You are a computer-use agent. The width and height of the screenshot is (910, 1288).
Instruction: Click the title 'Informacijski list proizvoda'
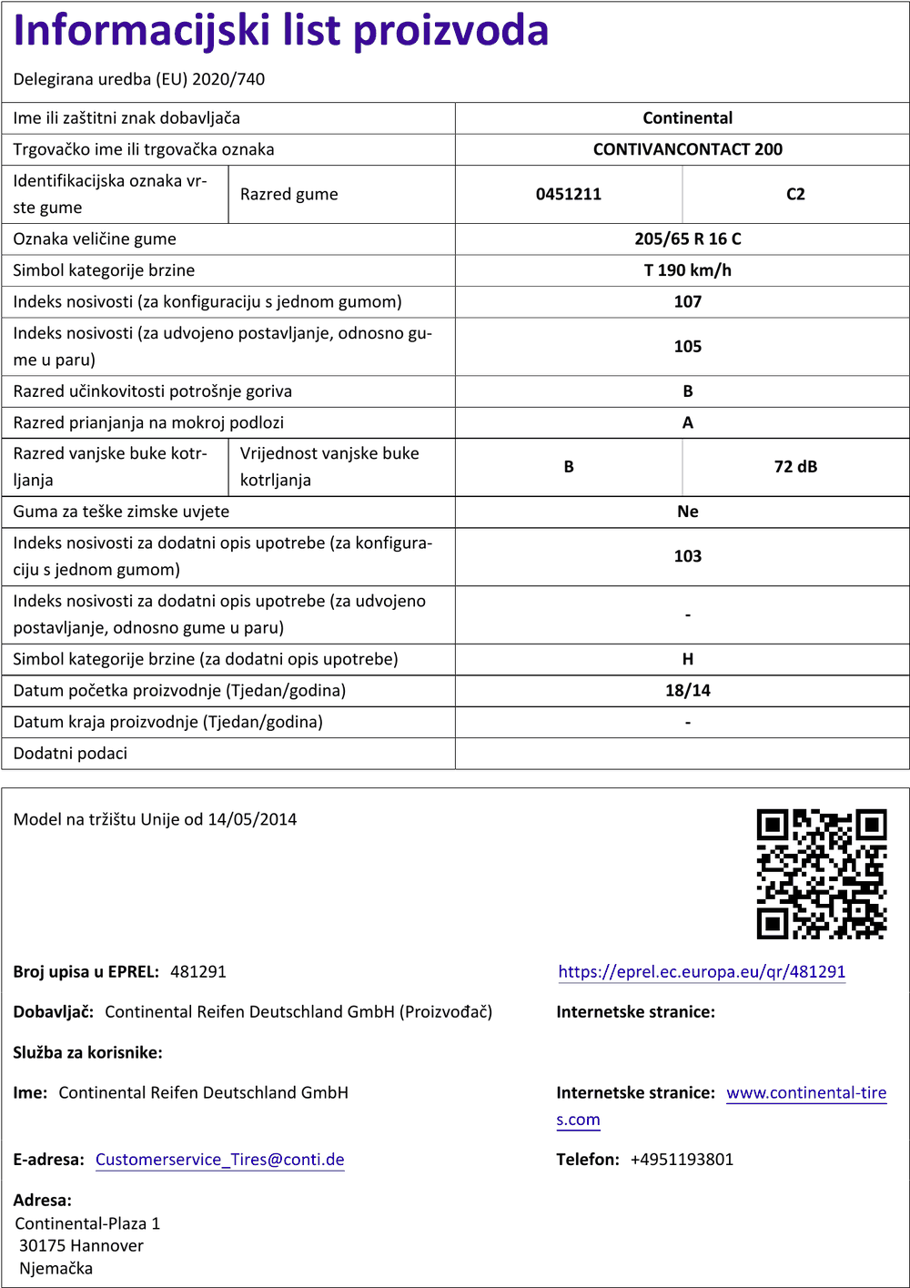(x=281, y=31)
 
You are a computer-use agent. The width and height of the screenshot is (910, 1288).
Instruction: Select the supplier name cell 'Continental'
(x=687, y=118)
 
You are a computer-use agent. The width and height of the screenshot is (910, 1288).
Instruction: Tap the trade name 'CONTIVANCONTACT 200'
(x=687, y=149)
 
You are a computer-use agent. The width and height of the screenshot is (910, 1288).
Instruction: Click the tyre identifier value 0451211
(x=568, y=194)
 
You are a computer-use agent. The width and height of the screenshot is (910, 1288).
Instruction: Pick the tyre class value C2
(x=795, y=194)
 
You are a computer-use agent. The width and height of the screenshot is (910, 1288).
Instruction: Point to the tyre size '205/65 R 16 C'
(x=687, y=239)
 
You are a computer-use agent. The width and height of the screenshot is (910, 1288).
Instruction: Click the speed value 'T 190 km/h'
(x=687, y=270)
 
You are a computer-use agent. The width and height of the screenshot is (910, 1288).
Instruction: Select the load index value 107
(x=687, y=302)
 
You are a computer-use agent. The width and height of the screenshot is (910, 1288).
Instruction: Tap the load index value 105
(x=687, y=347)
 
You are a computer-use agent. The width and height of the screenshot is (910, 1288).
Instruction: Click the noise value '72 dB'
(x=795, y=467)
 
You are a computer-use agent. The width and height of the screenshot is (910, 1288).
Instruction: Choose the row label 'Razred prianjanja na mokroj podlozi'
(x=148, y=422)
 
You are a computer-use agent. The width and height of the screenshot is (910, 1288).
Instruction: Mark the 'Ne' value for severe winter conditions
(x=687, y=512)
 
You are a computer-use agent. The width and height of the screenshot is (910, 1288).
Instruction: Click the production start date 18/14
(x=687, y=691)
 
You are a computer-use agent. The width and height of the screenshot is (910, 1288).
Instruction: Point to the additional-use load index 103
(x=687, y=556)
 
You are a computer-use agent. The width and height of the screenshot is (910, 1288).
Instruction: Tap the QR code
(x=821, y=874)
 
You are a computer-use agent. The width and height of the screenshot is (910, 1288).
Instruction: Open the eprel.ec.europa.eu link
(x=702, y=972)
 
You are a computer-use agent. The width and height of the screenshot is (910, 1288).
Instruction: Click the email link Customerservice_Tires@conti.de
(x=219, y=1160)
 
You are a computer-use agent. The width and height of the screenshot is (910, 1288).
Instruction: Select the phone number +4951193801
(x=682, y=1160)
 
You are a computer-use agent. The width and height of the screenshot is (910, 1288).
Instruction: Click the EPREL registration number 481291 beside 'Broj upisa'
(x=198, y=972)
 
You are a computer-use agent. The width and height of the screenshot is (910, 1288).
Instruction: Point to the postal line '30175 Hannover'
(x=81, y=1246)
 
